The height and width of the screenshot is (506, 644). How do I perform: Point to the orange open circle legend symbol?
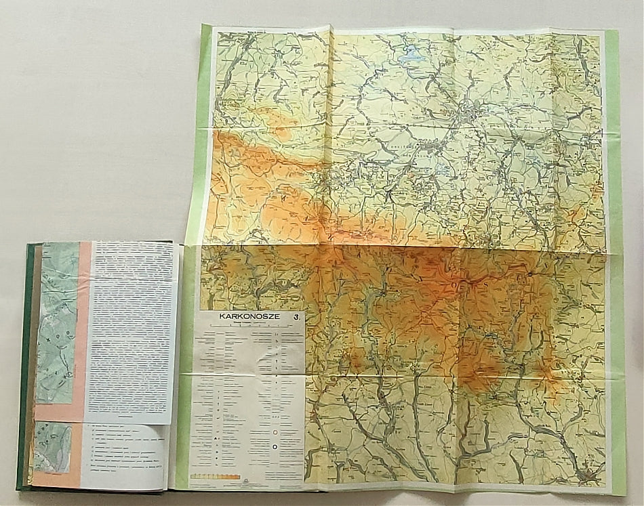tap(276, 431)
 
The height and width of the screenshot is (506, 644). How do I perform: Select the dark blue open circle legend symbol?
tap(276, 447)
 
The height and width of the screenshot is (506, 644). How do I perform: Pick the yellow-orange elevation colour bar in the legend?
tap(216, 477)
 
